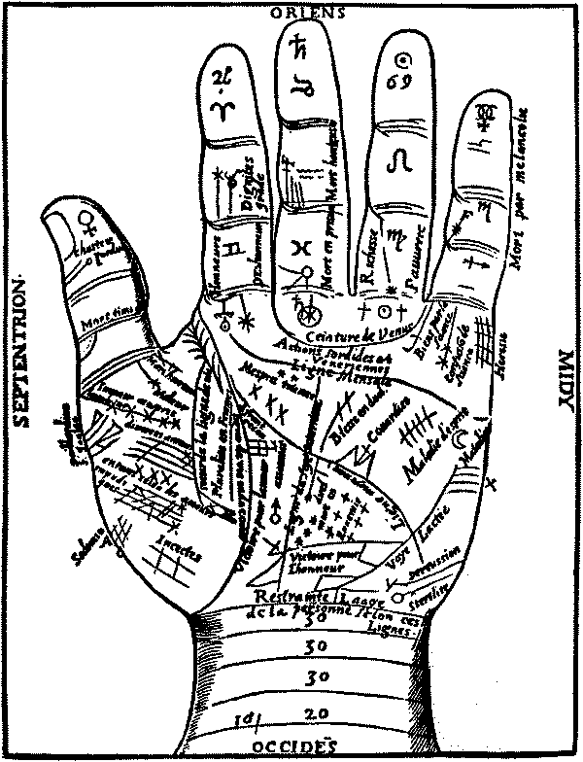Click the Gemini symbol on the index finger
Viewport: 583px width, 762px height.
pyautogui.click(x=231, y=251)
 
